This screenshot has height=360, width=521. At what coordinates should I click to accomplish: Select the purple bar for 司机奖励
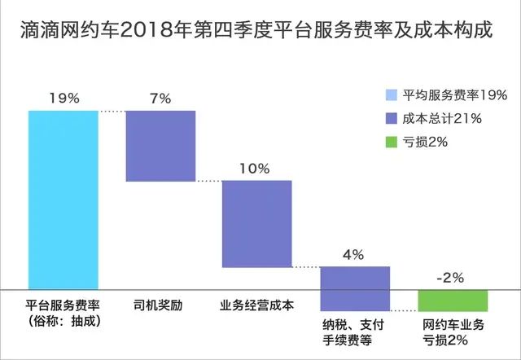coord(160,145)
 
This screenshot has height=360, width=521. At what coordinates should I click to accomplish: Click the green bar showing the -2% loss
coord(452,300)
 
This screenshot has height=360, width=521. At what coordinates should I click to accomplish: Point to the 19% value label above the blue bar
coord(63,98)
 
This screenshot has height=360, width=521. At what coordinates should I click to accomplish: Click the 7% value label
coord(160,98)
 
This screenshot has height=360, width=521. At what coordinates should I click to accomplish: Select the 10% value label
coord(256,169)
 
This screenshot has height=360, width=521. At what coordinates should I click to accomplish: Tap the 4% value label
coord(353,254)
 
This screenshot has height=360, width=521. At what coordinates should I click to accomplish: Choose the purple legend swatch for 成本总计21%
coord(391,118)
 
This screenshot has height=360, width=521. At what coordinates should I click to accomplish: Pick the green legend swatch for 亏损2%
coord(391,143)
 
